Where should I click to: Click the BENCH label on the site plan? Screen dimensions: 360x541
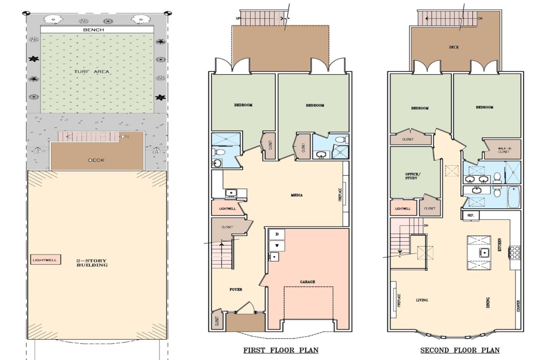pos(93,30)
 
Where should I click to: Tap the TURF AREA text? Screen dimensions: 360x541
pos(91,71)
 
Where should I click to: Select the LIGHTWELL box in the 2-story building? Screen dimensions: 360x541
pos(45,260)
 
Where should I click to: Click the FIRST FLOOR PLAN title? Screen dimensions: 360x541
pos(281,350)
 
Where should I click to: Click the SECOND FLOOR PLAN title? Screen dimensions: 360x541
pos(459,350)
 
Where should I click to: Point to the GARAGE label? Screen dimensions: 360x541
pos(307,282)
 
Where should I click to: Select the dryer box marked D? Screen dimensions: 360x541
pos(277,234)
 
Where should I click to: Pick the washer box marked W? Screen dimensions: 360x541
pos(277,246)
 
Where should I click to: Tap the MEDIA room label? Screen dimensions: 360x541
pos(296,195)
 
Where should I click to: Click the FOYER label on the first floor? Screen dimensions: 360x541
pos(236,289)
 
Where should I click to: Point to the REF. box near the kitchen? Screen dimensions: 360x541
pos(470,215)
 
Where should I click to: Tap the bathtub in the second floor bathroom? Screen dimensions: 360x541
pos(513,197)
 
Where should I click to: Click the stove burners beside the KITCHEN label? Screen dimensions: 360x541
pos(514,253)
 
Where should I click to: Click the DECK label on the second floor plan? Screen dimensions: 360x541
pos(453,47)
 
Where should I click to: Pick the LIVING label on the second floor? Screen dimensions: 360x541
pos(422,300)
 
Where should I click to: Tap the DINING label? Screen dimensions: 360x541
pos(488,303)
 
